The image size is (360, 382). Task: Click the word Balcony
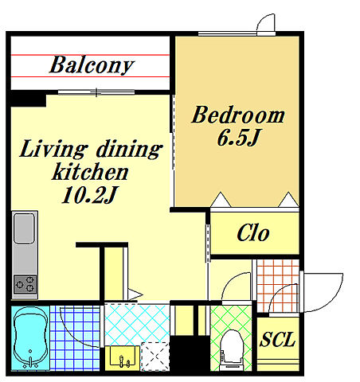[92, 65]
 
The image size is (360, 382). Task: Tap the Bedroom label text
[238, 115]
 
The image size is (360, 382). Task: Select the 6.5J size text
[238, 138]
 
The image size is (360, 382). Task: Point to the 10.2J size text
[89, 195]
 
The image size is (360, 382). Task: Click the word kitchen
[90, 171]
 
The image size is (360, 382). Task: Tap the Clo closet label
[253, 233]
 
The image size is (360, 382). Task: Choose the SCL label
[277, 340]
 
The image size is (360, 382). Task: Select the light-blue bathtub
[30, 337]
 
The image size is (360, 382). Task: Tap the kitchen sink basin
[24, 228]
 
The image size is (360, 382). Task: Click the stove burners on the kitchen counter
[25, 284]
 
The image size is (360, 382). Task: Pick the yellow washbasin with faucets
[123, 358]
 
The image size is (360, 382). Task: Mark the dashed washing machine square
[155, 357]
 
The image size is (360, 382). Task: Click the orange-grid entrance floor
[278, 286]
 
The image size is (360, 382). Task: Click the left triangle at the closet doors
[221, 200]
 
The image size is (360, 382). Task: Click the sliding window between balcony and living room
[96, 92]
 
